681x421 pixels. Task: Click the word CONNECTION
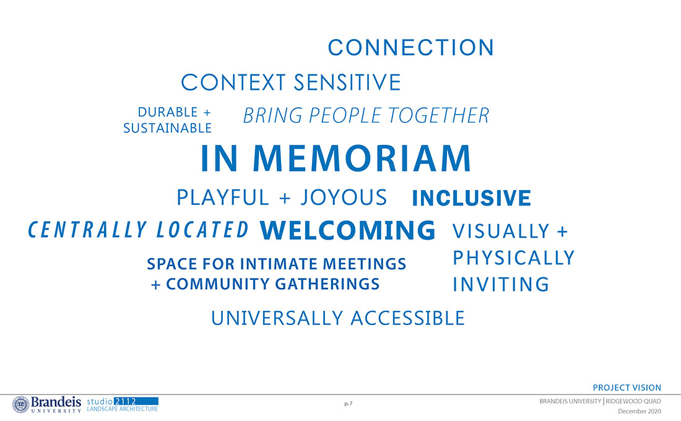(411, 47)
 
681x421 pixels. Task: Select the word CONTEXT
(233, 82)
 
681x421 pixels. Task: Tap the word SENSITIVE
(347, 82)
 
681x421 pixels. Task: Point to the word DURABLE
(168, 112)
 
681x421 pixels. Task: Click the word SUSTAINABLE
(168, 128)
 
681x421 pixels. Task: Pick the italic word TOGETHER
(438, 116)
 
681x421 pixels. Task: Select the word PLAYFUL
(223, 197)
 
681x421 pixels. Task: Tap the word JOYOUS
(344, 197)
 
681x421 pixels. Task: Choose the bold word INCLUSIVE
(471, 198)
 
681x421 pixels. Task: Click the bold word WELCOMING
(347, 230)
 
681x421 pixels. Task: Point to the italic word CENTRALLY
(87, 230)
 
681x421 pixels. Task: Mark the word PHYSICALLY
(513, 258)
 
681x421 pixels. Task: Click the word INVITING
(501, 285)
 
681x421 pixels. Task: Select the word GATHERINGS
(327, 284)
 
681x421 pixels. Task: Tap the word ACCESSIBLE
(407, 318)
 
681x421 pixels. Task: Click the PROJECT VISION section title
(627, 388)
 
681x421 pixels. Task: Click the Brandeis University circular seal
(20, 404)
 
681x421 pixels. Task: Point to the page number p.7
(349, 404)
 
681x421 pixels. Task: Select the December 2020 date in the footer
(640, 411)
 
